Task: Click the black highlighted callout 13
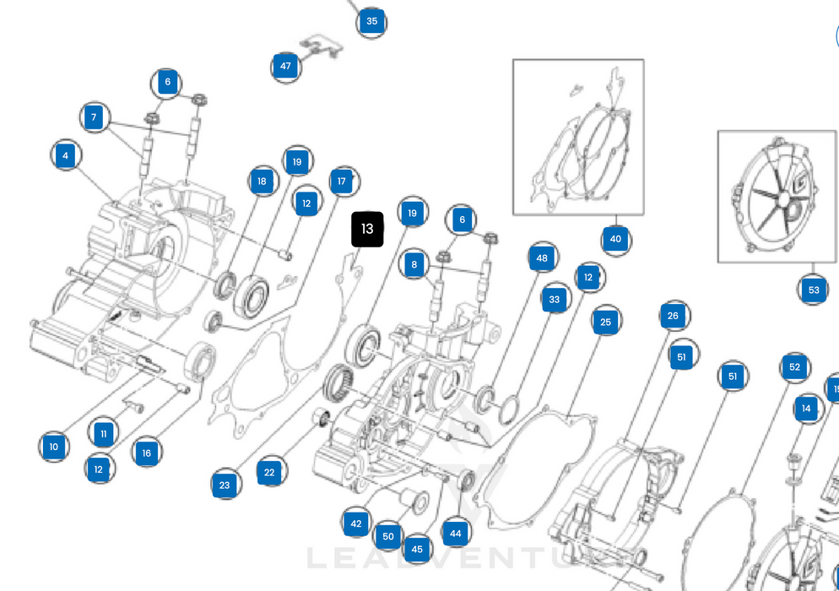point(367,230)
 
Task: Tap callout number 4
point(66,155)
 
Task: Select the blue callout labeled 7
point(95,117)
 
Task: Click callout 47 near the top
point(285,66)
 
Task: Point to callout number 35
point(371,21)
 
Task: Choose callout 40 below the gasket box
point(615,239)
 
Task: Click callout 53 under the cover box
point(813,290)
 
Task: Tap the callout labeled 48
point(542,258)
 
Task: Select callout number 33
point(555,299)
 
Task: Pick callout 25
point(606,322)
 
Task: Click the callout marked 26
point(673,317)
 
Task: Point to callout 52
point(794,367)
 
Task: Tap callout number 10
point(54,447)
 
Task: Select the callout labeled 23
point(225,485)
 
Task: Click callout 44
point(456,533)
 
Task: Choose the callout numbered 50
point(388,536)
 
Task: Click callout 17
point(342,181)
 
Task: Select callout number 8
point(414,264)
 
